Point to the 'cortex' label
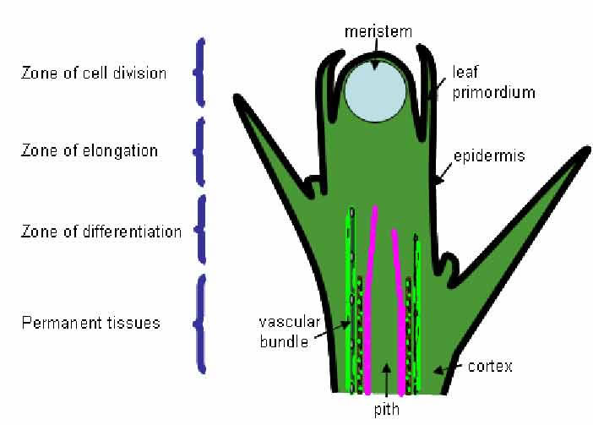(492, 367)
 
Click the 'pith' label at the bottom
(384, 411)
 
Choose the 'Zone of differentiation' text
(101, 231)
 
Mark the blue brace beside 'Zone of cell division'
(200, 72)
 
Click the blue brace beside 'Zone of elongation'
(200, 152)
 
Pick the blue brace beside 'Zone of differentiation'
(200, 230)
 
